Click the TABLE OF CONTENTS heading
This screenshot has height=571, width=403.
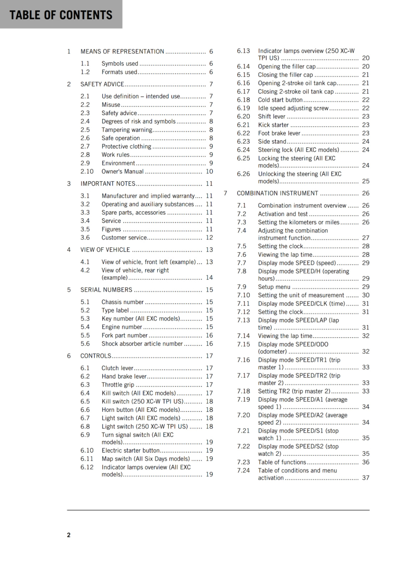61,15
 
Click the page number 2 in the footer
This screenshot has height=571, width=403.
69,535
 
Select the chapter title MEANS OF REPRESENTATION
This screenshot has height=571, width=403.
122,51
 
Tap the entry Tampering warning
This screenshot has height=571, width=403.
127,130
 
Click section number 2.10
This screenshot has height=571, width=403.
87,172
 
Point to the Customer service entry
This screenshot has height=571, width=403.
124,238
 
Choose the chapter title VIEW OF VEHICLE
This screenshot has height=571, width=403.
105,250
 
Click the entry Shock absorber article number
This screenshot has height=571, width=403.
142,344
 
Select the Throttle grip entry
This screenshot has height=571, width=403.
118,385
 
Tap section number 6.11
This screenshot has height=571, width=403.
87,459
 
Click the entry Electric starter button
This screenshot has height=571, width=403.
131,450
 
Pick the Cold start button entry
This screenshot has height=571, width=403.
280,100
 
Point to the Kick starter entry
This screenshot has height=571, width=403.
273,125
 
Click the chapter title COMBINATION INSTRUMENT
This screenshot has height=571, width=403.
277,193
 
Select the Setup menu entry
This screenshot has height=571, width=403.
274,287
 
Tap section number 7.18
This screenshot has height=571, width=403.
243,391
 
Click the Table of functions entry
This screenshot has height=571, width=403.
282,462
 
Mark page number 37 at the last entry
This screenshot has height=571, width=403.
366,478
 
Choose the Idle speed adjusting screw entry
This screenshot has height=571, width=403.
293,108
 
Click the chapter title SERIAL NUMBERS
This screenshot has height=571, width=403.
106,290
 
